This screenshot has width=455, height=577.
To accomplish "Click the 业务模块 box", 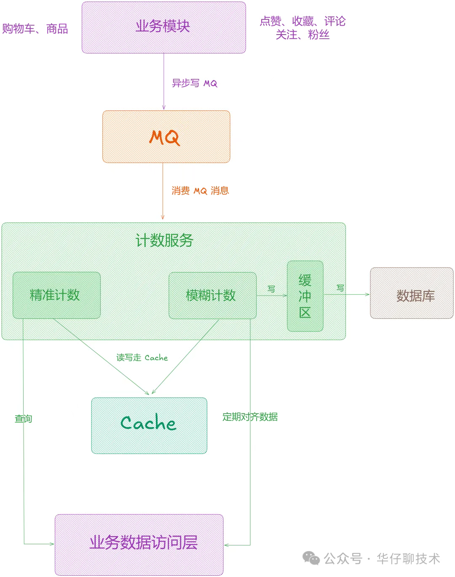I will point(163,27).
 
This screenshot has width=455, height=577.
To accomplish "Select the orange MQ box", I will point(166,136).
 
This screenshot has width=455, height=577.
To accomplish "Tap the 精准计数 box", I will point(56,295).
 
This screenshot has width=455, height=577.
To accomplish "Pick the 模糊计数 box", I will point(212,295).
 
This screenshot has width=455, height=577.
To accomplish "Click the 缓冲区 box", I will point(305,296).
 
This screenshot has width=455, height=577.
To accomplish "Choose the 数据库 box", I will point(412,293).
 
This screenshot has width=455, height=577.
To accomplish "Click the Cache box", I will point(149,425).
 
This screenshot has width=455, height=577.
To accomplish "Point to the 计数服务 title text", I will point(164,240).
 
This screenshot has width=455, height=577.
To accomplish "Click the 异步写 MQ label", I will point(194,83).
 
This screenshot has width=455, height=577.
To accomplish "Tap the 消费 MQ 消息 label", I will point(200,191).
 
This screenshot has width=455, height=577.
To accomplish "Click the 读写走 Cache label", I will point(142,358).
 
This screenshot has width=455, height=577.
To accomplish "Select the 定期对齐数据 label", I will point(250,417).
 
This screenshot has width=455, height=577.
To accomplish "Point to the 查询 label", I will point(23,419).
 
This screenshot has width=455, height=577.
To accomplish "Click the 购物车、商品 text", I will point(35,29).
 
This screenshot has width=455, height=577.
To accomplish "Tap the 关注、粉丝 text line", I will point(302,35).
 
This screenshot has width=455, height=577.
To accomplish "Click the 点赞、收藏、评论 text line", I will point(302,21).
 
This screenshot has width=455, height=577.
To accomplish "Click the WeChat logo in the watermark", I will point(311,558).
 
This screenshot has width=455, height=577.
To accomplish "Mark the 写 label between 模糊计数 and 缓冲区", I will point(271,288).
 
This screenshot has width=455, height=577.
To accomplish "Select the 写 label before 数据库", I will point(340,288).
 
